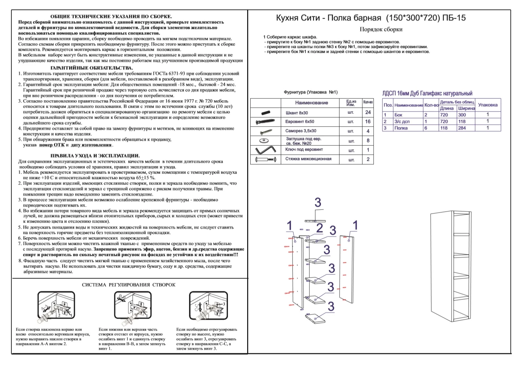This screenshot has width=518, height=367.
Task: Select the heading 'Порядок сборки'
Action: tap(381, 29)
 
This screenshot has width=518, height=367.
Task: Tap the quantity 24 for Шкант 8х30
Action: tap(368, 112)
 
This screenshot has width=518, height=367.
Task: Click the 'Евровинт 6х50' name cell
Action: tap(299, 122)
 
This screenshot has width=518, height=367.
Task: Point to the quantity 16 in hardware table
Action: tap(368, 121)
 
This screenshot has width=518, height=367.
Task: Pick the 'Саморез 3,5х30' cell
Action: tap(301, 131)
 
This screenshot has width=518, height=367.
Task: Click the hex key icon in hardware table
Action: tap(266, 150)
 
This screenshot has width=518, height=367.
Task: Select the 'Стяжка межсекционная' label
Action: tap(308, 159)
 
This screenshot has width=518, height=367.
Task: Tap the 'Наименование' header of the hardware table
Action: tap(311, 103)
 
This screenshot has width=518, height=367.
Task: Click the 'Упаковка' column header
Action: tap(487, 105)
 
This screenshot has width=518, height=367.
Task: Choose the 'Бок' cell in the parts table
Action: tap(398, 115)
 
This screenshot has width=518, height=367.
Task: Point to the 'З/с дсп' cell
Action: tap(402, 121)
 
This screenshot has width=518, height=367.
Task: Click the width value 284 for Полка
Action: tap(462, 128)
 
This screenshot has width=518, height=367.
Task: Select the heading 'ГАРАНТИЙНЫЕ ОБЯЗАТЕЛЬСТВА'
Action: tap(92, 68)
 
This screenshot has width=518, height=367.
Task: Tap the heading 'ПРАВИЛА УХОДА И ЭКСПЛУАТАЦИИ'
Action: tap(95, 156)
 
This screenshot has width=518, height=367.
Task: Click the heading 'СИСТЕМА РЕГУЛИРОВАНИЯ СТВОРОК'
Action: tap(129, 285)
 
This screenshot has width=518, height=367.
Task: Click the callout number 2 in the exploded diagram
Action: tap(320, 228)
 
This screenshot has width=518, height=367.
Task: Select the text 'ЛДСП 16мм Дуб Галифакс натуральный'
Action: tap(427, 93)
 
